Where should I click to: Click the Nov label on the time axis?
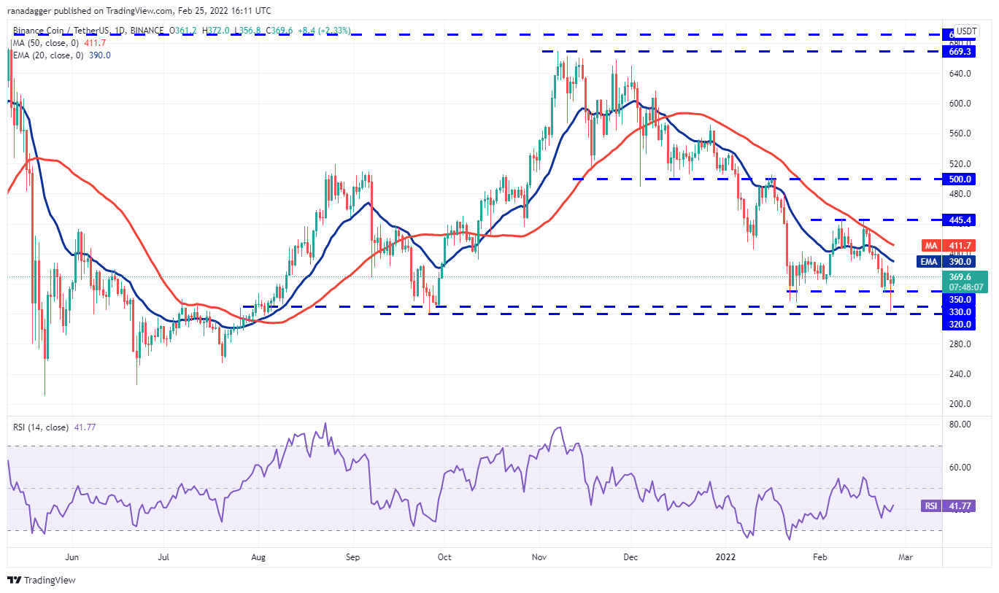[x=539, y=557]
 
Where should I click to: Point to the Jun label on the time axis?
[x=72, y=557]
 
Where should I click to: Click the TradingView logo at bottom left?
[x=42, y=580]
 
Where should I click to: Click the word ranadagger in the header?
[x=37, y=11]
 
